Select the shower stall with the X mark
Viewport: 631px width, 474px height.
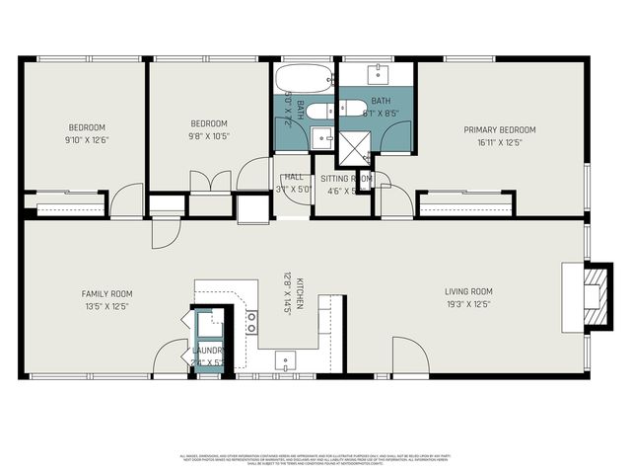point(351,146)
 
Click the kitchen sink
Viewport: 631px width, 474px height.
point(283,359)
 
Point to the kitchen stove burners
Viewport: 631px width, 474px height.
point(251,321)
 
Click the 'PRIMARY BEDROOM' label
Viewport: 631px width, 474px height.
point(500,129)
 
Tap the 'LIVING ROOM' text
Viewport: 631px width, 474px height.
point(468,291)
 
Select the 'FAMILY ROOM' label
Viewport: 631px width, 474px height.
point(106,293)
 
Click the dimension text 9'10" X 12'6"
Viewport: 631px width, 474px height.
point(87,139)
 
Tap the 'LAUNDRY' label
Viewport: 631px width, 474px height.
point(209,351)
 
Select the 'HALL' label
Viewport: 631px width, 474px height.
point(293,177)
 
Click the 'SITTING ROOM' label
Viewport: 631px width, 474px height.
point(346,178)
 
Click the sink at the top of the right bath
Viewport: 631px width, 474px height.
point(379,74)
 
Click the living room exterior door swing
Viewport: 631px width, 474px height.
point(408,355)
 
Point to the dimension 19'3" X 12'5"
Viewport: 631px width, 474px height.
point(468,304)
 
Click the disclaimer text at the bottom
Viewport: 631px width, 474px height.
point(315,458)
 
